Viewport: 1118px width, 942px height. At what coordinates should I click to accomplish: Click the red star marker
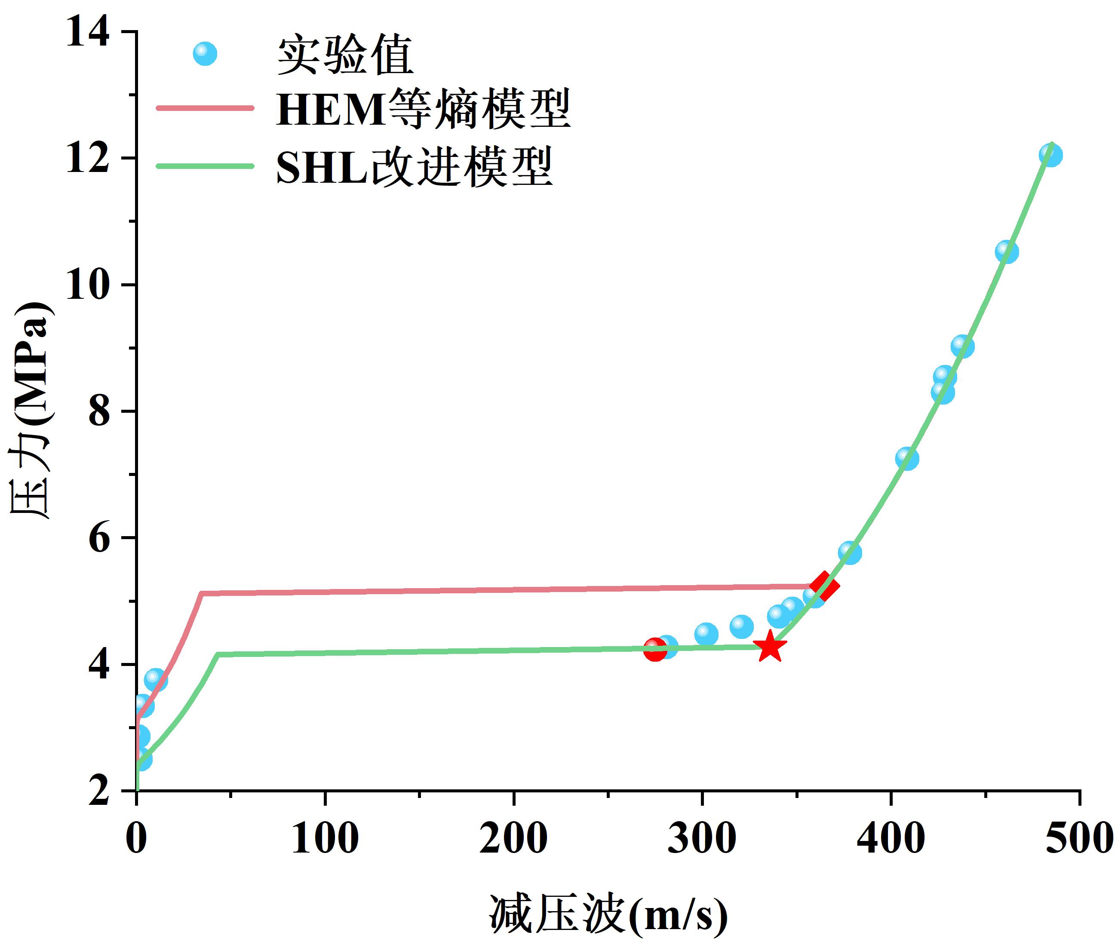pyautogui.click(x=770, y=647)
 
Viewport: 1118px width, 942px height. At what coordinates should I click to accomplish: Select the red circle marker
pyautogui.click(x=655, y=649)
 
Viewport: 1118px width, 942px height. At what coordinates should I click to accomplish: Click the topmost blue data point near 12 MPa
pyautogui.click(x=1050, y=155)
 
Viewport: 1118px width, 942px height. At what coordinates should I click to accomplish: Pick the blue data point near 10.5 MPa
pyautogui.click(x=1006, y=252)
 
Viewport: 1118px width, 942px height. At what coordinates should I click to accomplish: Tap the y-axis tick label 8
pyautogui.click(x=99, y=411)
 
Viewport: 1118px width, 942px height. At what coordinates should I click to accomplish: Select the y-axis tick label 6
pyautogui.click(x=99, y=538)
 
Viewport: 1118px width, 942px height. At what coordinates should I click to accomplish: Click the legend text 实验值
pyautogui.click(x=345, y=55)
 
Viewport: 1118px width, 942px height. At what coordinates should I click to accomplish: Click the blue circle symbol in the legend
pyautogui.click(x=205, y=54)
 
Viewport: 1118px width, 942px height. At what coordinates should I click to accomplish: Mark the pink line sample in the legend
pyautogui.click(x=205, y=108)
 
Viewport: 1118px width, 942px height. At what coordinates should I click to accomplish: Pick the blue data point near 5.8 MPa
pyautogui.click(x=849, y=552)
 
